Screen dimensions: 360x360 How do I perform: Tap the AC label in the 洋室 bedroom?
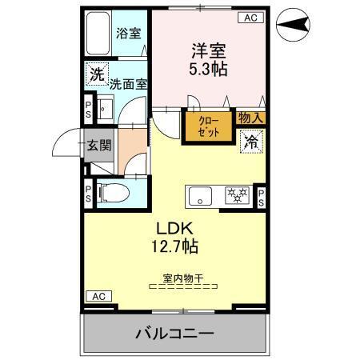pos(250,17)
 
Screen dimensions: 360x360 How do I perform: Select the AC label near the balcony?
pos(97,296)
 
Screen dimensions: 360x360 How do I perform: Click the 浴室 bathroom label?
pos(128,34)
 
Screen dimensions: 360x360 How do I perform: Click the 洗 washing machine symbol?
pos(97,74)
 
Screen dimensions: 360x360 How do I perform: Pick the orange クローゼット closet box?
pos(208,126)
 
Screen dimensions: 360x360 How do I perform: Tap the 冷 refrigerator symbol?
pos(251,142)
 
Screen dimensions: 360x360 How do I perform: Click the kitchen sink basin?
pos(199,194)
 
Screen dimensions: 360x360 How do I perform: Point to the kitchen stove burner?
pos(237,194)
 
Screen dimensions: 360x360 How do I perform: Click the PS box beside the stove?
pos(261,196)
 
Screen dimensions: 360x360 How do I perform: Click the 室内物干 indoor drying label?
pos(183,278)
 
